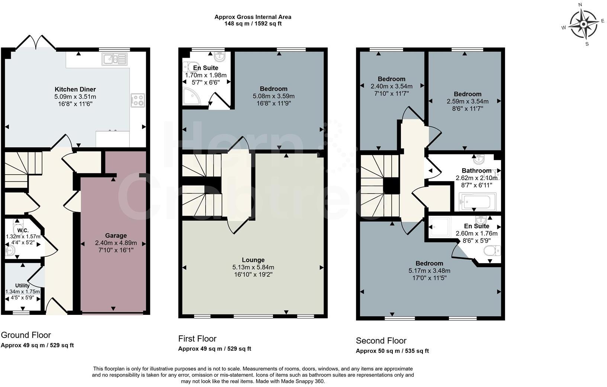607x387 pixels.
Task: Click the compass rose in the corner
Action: click(583, 24)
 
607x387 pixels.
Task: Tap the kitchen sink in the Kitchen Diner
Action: click(115, 59)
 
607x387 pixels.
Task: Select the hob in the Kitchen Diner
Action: click(137, 100)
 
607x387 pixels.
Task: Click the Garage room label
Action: click(116, 236)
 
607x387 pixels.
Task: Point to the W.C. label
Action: click(23, 231)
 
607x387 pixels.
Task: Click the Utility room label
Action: click(22, 285)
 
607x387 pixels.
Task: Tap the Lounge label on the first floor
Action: click(253, 260)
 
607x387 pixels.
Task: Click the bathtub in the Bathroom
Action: click(477, 202)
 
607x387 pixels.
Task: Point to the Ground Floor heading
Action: click(26, 335)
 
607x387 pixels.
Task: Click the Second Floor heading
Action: click(381, 340)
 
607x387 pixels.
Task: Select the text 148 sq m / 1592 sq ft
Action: click(253, 23)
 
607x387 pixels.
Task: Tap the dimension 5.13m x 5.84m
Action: click(253, 267)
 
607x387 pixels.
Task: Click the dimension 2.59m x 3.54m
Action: click(467, 101)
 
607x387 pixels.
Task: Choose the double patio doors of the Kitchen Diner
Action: click(36, 42)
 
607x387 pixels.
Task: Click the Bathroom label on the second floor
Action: click(476, 171)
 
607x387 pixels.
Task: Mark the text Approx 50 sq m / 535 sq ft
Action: click(392, 351)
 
